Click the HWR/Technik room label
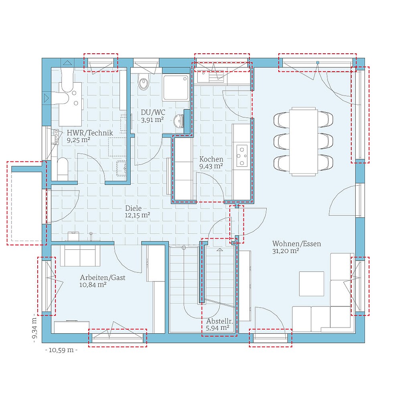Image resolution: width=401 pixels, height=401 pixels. (90, 133)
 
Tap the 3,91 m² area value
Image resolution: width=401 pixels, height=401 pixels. (152, 119)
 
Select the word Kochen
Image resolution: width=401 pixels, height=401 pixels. (211, 159)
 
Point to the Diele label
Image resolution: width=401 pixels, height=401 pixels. (133, 208)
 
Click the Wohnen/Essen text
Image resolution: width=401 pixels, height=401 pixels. (296, 243)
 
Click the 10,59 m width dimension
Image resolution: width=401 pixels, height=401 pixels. (61, 350)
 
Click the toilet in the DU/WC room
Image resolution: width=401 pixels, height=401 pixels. (143, 82)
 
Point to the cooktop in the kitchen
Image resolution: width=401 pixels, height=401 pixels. (242, 155)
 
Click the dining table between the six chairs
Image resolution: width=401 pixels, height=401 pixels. (303, 141)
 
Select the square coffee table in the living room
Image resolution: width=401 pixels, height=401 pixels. (312, 284)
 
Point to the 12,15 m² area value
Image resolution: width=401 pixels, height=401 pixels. (138, 215)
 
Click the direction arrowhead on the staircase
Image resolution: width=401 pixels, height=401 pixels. (219, 250)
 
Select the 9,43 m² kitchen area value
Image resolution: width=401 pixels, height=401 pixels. (211, 166)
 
